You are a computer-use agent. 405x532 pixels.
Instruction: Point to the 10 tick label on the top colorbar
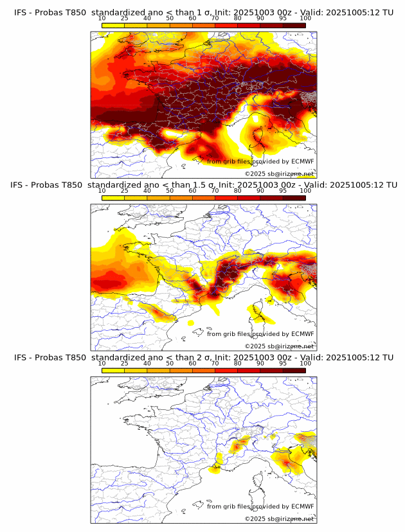[x=102, y=19]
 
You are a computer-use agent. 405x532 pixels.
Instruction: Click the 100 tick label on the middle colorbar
[x=305, y=191]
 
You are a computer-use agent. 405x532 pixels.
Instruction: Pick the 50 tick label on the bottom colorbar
[x=170, y=363]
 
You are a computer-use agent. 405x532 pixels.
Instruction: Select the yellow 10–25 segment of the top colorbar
[x=113, y=25]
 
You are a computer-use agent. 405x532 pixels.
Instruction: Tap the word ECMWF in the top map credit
[x=302, y=162]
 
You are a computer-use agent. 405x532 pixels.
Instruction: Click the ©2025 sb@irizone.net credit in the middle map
[x=279, y=346]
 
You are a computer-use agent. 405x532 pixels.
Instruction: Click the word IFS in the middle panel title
[x=21, y=185]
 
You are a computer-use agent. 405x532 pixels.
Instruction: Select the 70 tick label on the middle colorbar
[x=215, y=191]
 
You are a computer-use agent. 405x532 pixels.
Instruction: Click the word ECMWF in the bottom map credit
[x=302, y=506]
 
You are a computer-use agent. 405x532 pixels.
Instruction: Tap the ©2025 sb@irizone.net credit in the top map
[x=279, y=173]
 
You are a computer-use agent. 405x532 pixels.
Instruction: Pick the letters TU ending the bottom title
[x=387, y=357]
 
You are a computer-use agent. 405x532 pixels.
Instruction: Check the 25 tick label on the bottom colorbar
[x=124, y=363]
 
